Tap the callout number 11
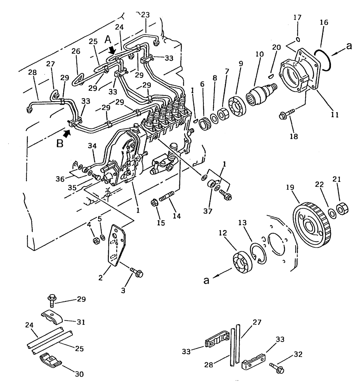[x=334, y=115]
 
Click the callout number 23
[x=145, y=15]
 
